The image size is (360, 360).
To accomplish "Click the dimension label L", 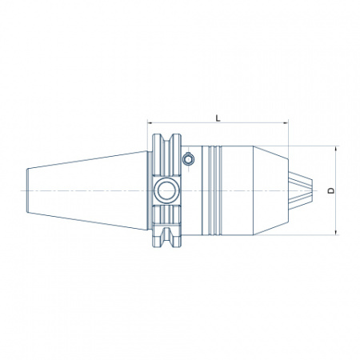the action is point(218,118).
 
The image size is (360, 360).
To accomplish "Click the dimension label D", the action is point(331,190).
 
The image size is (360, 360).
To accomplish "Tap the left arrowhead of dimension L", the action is point(150,122).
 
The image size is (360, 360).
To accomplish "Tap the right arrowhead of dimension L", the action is point(286,122).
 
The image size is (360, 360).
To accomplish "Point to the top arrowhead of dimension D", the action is point(336,149).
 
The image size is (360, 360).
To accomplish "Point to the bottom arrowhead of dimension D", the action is point(336,232).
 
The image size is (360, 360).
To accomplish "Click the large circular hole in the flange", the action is point(166,190).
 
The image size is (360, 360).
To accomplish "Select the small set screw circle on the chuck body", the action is point(188,159).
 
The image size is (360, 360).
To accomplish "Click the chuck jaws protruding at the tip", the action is point(301,190).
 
